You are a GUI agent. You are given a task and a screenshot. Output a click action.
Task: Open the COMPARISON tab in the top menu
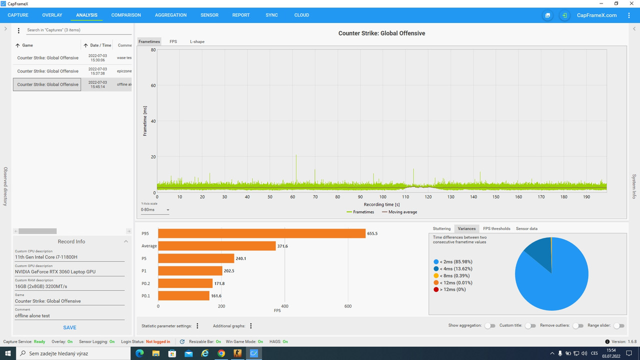point(126,15)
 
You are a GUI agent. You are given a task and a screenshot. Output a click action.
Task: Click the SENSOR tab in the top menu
point(209,15)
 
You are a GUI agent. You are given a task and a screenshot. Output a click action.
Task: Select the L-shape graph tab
point(197,41)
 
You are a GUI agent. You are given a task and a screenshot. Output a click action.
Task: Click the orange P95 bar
point(261,233)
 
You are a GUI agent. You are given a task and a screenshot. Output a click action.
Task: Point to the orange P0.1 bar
point(183,295)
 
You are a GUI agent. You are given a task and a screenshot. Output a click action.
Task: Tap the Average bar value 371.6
point(282,246)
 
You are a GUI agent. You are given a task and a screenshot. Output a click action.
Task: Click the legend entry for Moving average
point(399,212)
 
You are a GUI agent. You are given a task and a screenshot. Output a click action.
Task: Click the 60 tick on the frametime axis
point(153,85)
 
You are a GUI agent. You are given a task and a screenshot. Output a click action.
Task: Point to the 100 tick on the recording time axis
point(383,197)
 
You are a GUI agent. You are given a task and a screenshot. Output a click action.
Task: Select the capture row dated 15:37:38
point(72,71)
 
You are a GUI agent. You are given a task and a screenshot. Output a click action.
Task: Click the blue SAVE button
point(69,327)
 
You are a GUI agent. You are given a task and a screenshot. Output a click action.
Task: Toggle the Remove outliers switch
point(577,325)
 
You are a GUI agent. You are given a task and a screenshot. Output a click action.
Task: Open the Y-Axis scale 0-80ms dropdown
point(155,209)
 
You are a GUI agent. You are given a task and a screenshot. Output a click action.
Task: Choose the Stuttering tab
point(441,228)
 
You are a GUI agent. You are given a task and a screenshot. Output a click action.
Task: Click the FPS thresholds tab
point(496,228)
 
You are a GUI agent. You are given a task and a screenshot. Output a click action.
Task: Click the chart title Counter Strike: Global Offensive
point(381,33)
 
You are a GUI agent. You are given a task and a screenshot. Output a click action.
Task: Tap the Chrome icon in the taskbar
point(221,353)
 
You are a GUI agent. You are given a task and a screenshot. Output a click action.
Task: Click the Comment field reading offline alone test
point(69,315)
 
